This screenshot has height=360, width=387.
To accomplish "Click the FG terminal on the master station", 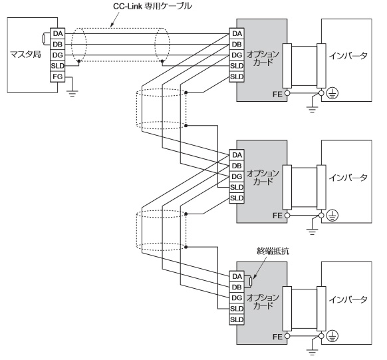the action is pyautogui.click(x=57, y=77).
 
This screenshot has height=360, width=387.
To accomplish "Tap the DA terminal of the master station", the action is pyautogui.click(x=57, y=33).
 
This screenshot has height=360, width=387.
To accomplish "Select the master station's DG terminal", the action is pyautogui.click(x=57, y=55).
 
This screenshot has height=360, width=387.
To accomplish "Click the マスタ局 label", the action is pyautogui.click(x=25, y=54).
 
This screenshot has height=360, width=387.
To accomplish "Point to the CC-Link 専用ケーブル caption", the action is pyautogui.click(x=152, y=6).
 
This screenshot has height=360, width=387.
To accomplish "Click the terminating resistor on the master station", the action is pyautogui.click(x=44, y=39).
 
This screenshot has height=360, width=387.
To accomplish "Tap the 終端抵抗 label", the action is pyautogui.click(x=273, y=251).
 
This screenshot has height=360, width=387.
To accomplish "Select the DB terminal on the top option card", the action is pyautogui.click(x=237, y=44).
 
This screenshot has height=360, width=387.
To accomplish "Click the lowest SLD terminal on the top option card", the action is pyautogui.click(x=237, y=77).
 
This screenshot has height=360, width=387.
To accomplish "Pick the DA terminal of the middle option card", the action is pyautogui.click(x=237, y=155).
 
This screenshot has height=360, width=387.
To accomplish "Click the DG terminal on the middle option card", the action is pyautogui.click(x=237, y=176).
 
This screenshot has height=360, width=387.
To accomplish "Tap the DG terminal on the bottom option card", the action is pyautogui.click(x=237, y=297).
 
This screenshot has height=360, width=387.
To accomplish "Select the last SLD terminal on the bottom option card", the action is pyautogui.click(x=237, y=319).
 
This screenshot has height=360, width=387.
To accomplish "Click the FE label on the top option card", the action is pyautogui.click(x=277, y=94).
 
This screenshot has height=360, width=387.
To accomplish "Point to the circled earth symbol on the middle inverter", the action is pyautogui.click(x=332, y=216).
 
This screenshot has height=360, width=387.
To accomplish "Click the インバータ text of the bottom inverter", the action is pyautogui.click(x=348, y=299).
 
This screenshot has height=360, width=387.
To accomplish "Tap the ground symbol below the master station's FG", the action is pyautogui.click(x=72, y=94).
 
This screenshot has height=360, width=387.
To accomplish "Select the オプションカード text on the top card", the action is pyautogui.click(x=263, y=58).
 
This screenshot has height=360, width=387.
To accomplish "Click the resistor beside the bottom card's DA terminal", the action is pyautogui.click(x=251, y=281).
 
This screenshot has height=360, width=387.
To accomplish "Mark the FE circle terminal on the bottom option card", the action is pyautogui.click(x=287, y=336).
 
